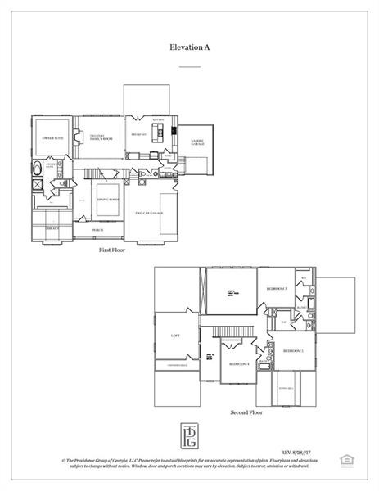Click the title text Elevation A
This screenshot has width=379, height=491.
point(189,49)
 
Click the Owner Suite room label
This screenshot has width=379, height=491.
point(53,138)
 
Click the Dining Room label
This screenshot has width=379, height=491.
point(109,199)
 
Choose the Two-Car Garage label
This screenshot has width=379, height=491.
point(149,213)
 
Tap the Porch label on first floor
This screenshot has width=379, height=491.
point(97,231)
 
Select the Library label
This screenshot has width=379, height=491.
point(51,229)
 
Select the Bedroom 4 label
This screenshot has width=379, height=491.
point(238,363)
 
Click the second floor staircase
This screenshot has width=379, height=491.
point(232,330)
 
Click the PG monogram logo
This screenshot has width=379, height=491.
point(189,433)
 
